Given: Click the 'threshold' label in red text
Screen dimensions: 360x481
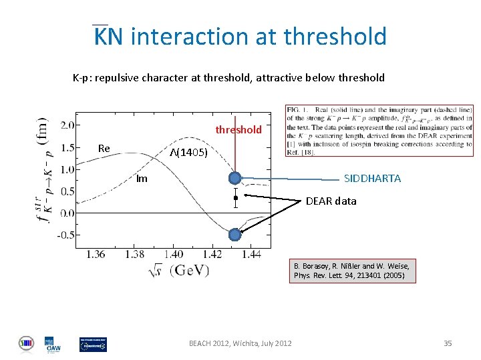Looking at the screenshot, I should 238,129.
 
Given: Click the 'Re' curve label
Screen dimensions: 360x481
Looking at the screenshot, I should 104,148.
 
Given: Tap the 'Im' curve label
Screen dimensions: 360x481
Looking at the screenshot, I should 142,178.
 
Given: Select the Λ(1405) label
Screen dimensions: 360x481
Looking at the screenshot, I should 189,153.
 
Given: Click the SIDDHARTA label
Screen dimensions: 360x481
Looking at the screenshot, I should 372,178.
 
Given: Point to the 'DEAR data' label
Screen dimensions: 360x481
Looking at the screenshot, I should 331,201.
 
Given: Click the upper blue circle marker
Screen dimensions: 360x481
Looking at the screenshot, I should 235,178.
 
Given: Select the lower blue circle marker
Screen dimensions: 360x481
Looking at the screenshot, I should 234,235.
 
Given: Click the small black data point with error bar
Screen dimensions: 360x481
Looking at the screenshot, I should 236,198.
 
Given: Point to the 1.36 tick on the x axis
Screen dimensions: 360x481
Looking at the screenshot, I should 96,254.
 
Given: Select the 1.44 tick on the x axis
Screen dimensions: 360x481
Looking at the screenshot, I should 251,254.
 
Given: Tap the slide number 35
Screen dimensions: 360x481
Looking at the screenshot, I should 448,343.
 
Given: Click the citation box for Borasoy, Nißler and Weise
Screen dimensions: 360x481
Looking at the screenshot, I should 352,270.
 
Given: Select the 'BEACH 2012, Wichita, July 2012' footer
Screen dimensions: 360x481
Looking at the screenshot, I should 240,343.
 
